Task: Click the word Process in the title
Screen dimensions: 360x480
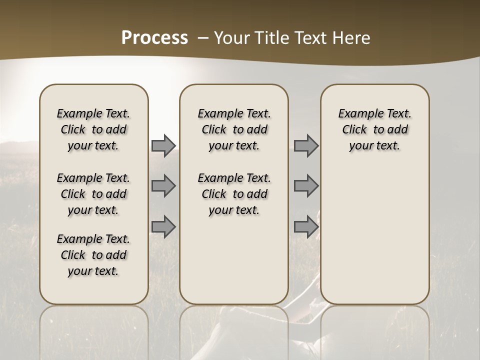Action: click(154, 38)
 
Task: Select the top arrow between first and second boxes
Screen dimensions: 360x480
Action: click(163, 145)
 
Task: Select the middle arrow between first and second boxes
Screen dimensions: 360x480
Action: click(163, 186)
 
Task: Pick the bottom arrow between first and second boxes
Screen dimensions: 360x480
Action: click(163, 226)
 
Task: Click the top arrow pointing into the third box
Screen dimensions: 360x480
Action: click(306, 145)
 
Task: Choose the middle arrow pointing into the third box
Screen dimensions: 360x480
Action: click(306, 186)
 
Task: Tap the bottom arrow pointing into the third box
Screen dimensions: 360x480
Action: click(306, 226)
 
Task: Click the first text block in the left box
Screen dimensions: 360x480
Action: click(93, 129)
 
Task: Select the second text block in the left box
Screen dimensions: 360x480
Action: click(93, 194)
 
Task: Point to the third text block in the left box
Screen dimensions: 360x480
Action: click(93, 255)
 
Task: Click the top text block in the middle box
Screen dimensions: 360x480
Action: click(234, 129)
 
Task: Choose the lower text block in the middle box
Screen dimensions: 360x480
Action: click(234, 194)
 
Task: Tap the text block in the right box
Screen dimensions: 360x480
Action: click(374, 129)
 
